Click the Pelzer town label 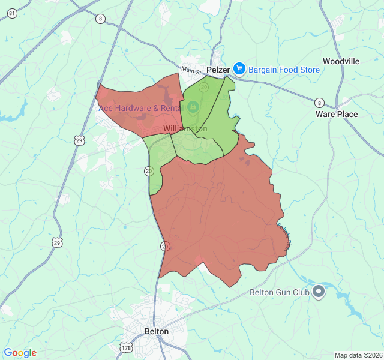click(218, 70)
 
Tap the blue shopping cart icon click(239, 70)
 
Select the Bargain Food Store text click(284, 70)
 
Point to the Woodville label click(341, 61)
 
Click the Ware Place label click(337, 114)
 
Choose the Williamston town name click(185, 129)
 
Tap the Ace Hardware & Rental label click(140, 108)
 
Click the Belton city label click(157, 331)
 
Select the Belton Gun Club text click(279, 293)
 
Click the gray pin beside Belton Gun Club click(319, 292)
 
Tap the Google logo click(20, 353)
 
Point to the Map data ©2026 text click(358, 355)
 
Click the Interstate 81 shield click(12, 14)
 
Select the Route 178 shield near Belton click(126, 347)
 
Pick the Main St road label click(193, 71)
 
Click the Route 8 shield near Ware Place click(320, 102)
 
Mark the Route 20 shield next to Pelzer click(203, 88)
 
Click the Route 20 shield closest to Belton click(164, 246)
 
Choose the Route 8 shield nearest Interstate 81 click(100, 19)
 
